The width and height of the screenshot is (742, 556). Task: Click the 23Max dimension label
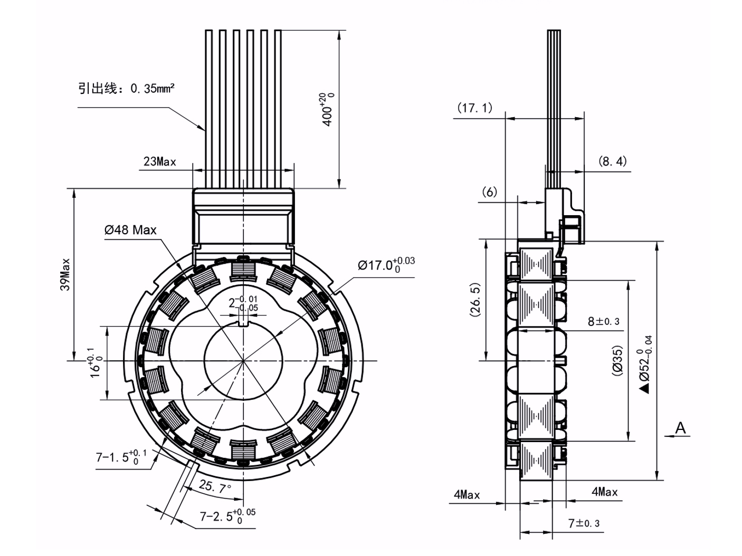pos(159,161)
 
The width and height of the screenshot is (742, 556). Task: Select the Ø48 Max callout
pos(130,230)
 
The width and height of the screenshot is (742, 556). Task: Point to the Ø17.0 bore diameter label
pos(386,264)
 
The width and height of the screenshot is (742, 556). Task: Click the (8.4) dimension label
pos(612,161)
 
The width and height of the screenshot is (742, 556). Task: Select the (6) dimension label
pos(490,192)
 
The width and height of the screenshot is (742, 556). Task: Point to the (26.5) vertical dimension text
pos(475,300)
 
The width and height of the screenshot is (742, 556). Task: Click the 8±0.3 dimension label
pos(603,321)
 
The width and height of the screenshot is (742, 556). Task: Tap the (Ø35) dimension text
pos(617,360)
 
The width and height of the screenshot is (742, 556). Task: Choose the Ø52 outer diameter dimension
pos(645,364)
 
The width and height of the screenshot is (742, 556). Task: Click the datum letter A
pos(681,427)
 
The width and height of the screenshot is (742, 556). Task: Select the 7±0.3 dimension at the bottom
pos(583,523)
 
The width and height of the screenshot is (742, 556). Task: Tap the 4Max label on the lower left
pos(467,495)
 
